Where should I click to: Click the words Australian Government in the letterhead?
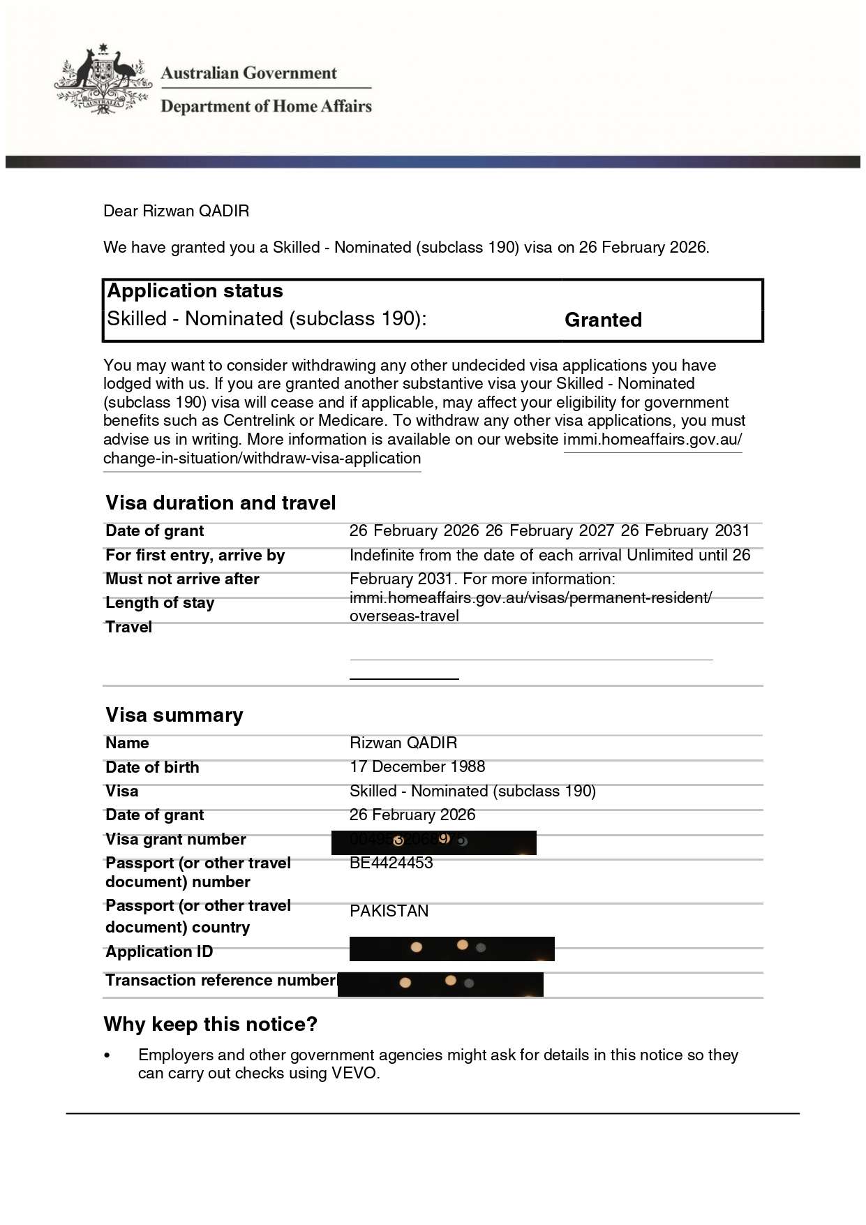248,73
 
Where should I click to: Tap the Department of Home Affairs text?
266,106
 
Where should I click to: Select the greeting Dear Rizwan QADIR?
176,211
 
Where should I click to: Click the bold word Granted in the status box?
603,320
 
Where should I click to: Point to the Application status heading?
195,291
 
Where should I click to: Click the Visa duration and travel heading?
221,503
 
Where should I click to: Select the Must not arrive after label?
182,579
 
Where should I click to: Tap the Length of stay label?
160,602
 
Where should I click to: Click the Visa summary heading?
174,715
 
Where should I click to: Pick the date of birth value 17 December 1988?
417,766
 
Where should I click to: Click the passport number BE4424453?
391,863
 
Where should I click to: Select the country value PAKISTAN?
389,911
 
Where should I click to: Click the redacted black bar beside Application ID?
451,949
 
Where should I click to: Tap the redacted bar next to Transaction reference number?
440,983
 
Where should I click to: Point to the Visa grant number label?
176,839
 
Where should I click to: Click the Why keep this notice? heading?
210,1024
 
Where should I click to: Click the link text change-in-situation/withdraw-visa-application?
262,458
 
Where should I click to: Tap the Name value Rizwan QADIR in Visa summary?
403,743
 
